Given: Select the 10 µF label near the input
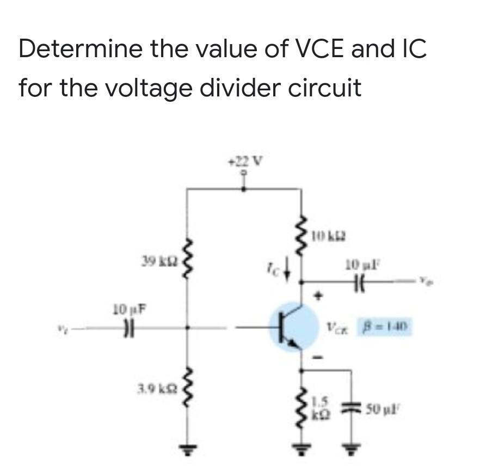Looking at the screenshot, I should [126, 311].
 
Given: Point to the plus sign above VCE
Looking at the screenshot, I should [322, 297].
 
